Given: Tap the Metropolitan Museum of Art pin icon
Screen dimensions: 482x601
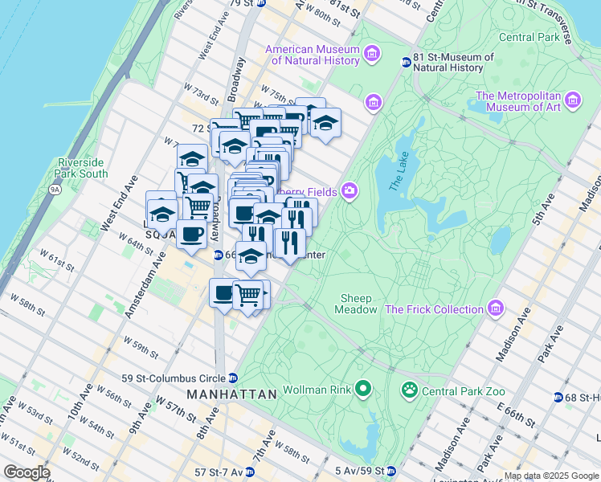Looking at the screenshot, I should click(x=573, y=100).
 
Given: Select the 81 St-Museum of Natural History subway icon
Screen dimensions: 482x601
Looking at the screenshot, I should click(x=406, y=63).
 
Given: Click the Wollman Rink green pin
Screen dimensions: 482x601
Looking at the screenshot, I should click(x=363, y=390).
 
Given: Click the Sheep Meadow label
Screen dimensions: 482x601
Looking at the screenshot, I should click(x=356, y=304).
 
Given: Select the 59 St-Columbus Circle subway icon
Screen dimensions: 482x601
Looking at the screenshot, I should click(x=233, y=378).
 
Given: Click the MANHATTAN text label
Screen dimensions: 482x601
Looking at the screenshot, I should click(x=231, y=394).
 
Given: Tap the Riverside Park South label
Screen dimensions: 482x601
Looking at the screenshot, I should click(x=82, y=167).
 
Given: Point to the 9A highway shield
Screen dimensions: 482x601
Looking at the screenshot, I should click(x=55, y=190).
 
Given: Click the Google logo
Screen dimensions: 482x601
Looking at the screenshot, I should click(x=27, y=472).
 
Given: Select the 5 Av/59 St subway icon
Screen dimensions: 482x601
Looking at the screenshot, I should click(x=390, y=470).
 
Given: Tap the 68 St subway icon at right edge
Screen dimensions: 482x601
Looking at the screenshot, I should click(x=558, y=398).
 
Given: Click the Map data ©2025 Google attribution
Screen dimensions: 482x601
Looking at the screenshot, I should click(x=550, y=476).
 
